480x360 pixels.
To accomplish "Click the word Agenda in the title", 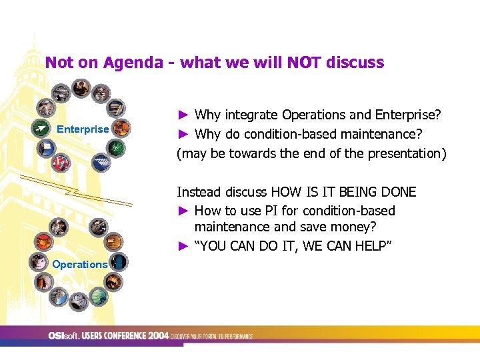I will (132, 63).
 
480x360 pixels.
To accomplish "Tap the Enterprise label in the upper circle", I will (83, 129).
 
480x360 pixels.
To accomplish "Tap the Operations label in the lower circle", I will (79, 264).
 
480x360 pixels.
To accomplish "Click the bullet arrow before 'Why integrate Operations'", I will (183, 115).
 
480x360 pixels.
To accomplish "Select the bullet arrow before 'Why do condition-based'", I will (183, 134).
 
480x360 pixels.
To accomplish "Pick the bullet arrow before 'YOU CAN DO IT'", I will (183, 246).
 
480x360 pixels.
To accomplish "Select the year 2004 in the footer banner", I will (159, 336).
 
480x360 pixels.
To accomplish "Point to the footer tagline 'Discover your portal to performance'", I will (213, 337).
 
